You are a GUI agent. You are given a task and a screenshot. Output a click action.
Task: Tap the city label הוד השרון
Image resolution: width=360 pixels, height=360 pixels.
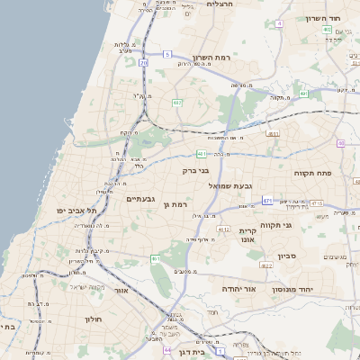(x=325, y=19)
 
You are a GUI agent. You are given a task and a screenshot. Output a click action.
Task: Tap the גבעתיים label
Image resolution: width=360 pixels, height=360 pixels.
(x=142, y=198)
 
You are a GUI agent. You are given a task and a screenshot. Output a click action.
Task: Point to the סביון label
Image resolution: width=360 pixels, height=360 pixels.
(x=307, y=256)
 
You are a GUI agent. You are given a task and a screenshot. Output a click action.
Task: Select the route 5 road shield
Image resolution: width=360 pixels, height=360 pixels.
(x=167, y=54)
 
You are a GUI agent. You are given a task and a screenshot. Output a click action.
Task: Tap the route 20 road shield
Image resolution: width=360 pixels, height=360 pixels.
(x=144, y=62)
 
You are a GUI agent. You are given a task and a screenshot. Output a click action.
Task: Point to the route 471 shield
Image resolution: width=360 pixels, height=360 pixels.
(x=268, y=199)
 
